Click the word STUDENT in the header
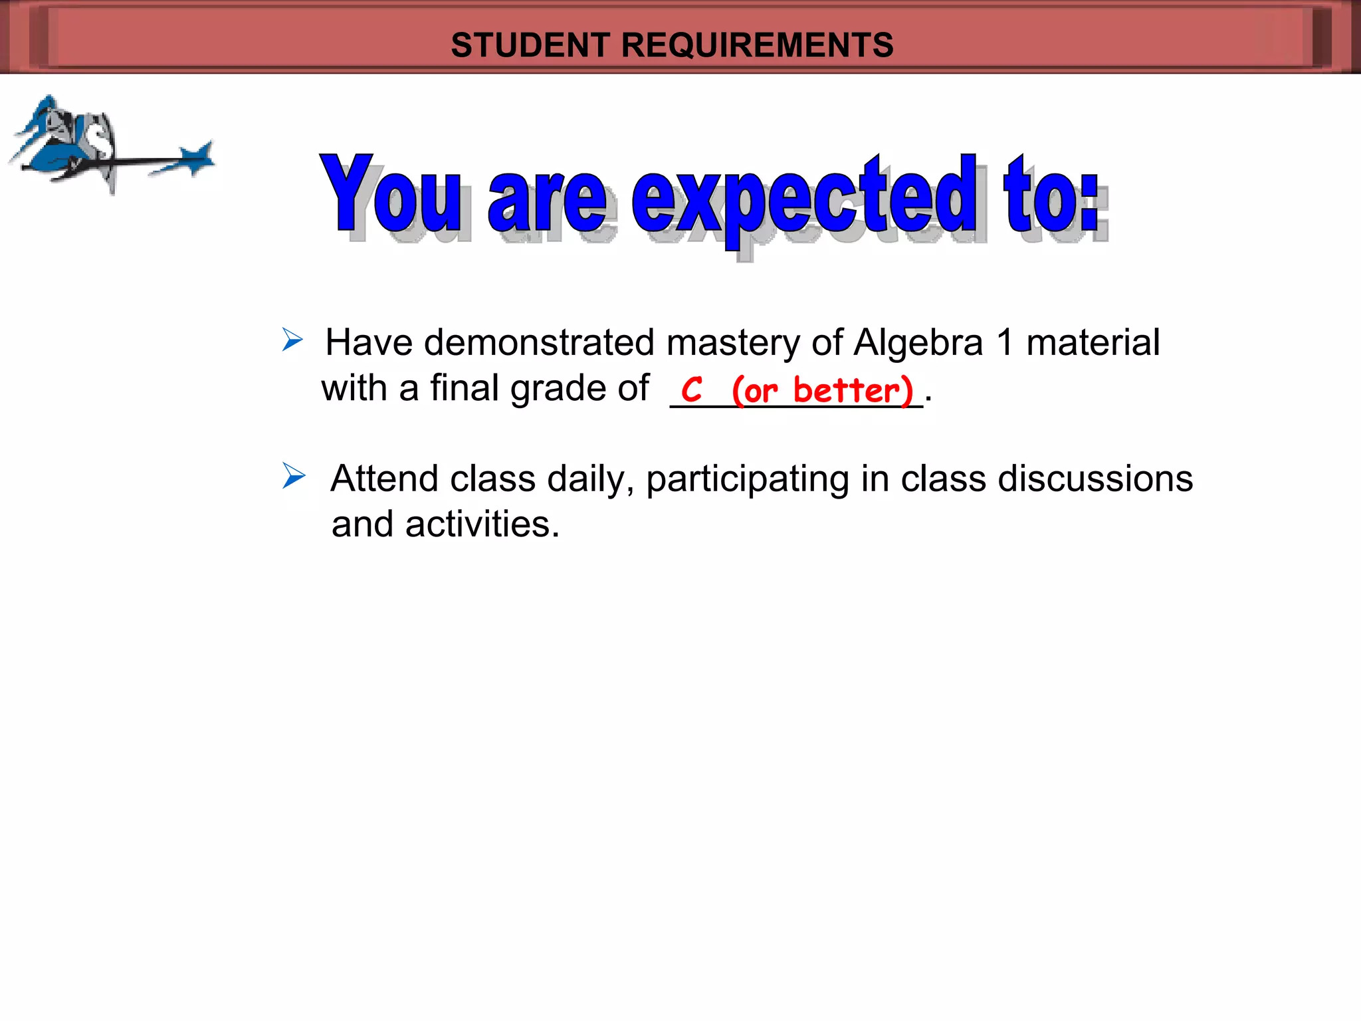pos(530,45)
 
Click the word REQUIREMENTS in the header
pos(758,45)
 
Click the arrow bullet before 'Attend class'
pos(293,476)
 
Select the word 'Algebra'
pos(918,343)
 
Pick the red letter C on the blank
pos(692,390)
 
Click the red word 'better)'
pos(853,390)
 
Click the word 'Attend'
pos(385,479)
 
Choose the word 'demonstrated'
pos(539,343)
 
